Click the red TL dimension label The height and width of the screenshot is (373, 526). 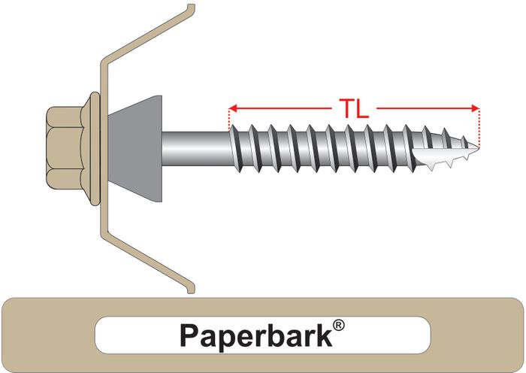354,108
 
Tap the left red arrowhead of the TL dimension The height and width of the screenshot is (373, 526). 233,108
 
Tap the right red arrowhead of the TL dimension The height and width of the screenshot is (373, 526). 476,108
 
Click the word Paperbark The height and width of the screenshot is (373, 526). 256,335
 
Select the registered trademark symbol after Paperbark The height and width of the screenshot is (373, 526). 339,326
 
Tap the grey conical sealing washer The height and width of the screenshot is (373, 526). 135,148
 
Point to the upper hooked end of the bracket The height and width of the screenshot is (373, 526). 191,8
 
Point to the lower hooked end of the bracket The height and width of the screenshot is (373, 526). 191,290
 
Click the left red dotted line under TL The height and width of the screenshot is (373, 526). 228,119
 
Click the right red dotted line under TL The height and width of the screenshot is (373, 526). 479,128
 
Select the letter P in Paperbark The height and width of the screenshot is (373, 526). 190,335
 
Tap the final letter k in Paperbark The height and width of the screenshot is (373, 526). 325,335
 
